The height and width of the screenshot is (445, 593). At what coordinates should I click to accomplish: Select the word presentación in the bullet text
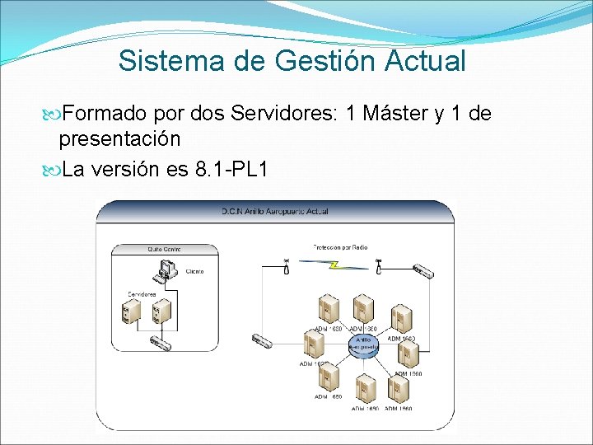point(120,137)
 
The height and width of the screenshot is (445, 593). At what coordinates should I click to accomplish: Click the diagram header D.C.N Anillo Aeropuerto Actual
point(274,212)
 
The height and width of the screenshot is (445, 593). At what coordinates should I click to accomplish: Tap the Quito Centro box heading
point(165,248)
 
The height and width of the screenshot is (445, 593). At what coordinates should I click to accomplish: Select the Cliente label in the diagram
point(194,271)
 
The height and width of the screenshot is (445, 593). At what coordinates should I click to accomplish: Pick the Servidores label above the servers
point(142,294)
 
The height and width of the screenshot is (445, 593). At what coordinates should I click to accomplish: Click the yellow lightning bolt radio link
point(334,265)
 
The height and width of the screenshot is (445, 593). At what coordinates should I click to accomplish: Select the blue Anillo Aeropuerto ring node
point(362,342)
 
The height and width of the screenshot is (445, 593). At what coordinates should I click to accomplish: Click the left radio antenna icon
point(286,266)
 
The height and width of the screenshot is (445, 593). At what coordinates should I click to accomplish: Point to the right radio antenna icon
point(378,266)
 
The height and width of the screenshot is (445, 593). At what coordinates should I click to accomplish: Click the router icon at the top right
point(423,270)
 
